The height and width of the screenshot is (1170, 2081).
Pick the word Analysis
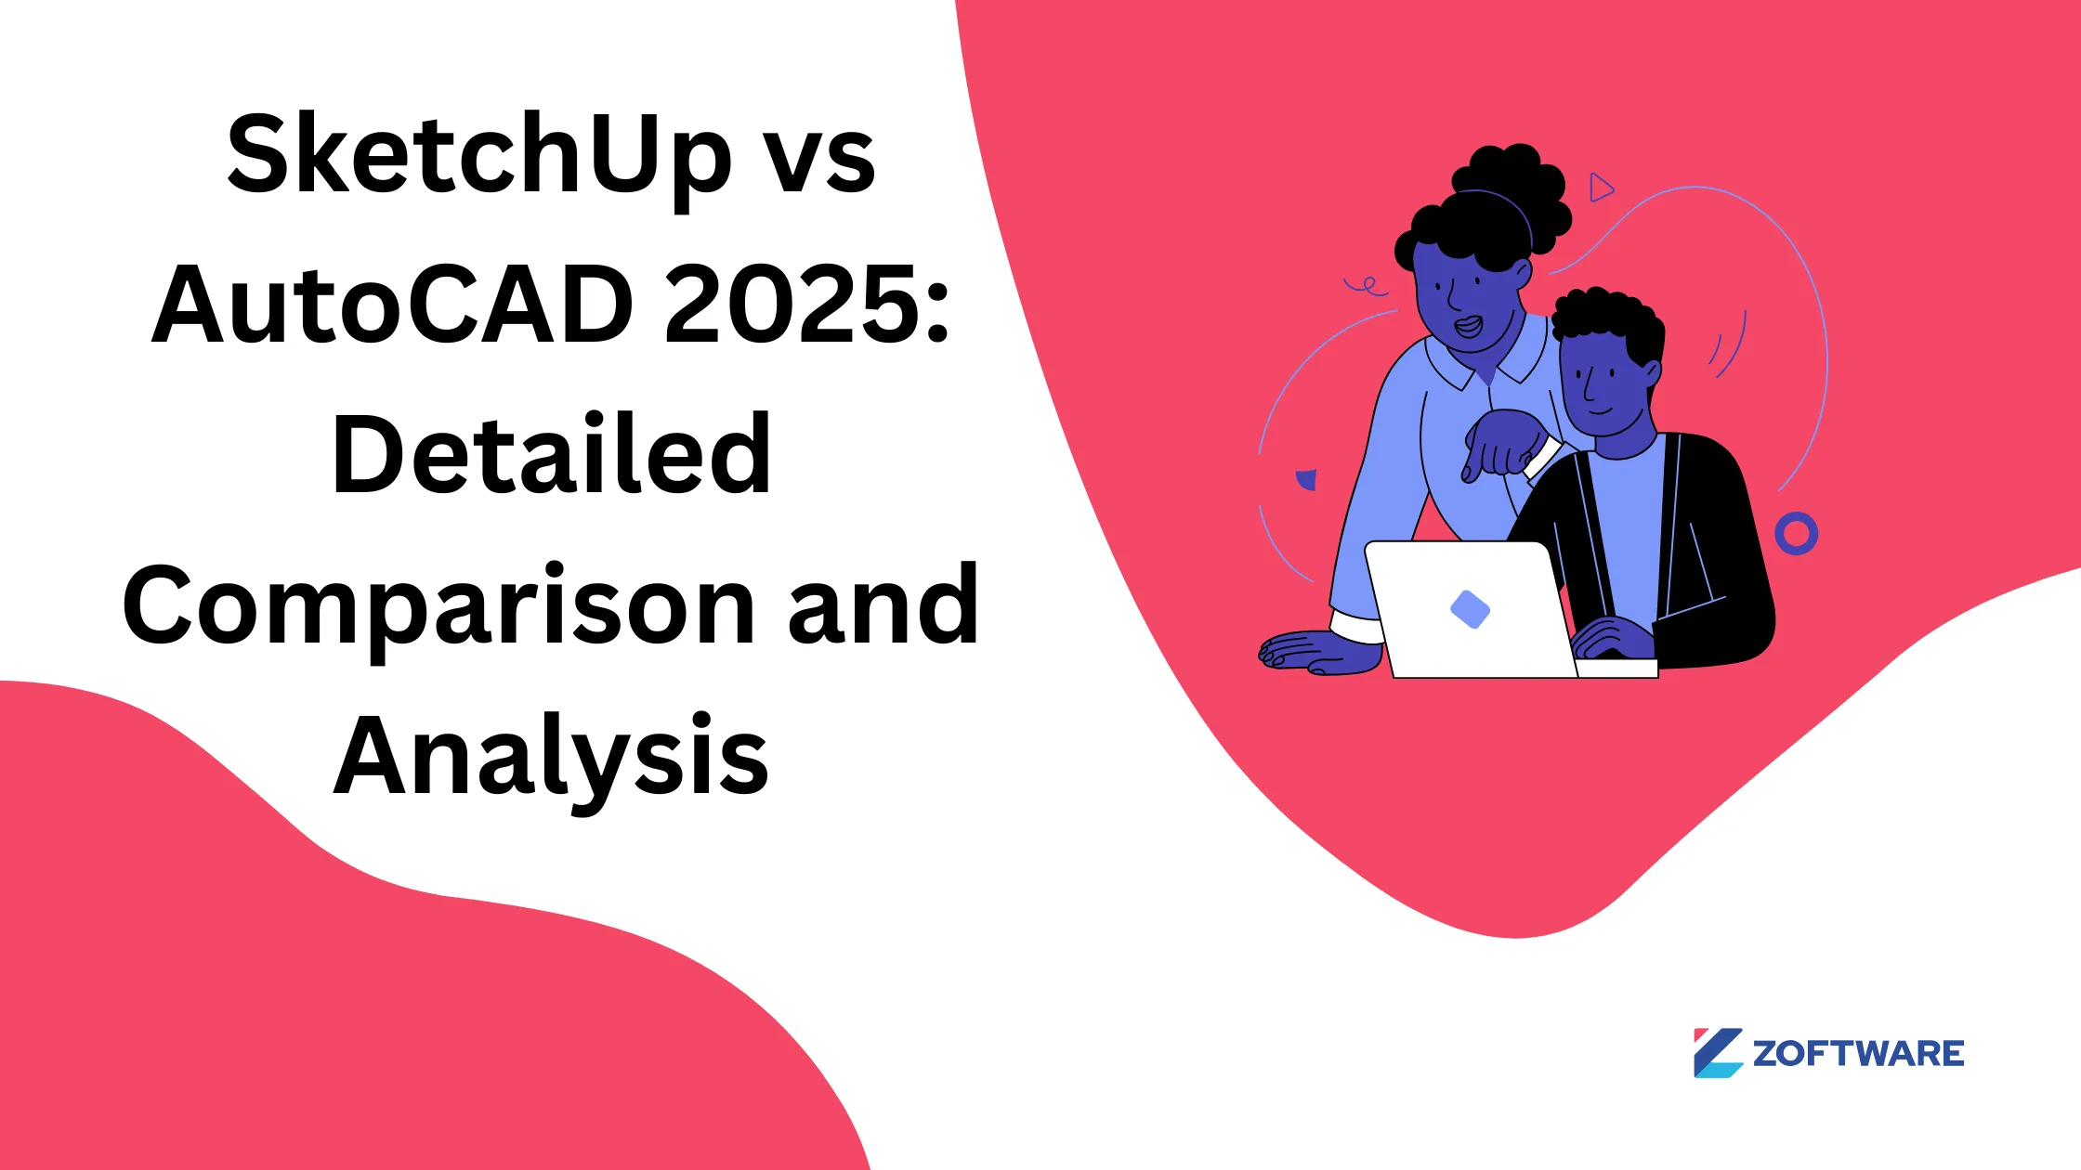click(552, 757)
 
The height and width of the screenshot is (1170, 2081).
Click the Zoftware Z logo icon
click(1717, 1053)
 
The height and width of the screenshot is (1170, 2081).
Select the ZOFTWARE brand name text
click(1858, 1054)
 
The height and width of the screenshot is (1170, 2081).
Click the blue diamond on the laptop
click(1470, 610)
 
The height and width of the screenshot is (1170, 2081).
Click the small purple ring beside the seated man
click(1796, 534)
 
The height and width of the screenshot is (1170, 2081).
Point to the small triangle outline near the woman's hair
click(1600, 188)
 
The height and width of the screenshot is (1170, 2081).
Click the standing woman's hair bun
click(1510, 176)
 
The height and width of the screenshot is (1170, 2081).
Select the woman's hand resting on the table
click(1315, 652)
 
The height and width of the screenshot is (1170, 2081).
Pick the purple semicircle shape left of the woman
click(1307, 480)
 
